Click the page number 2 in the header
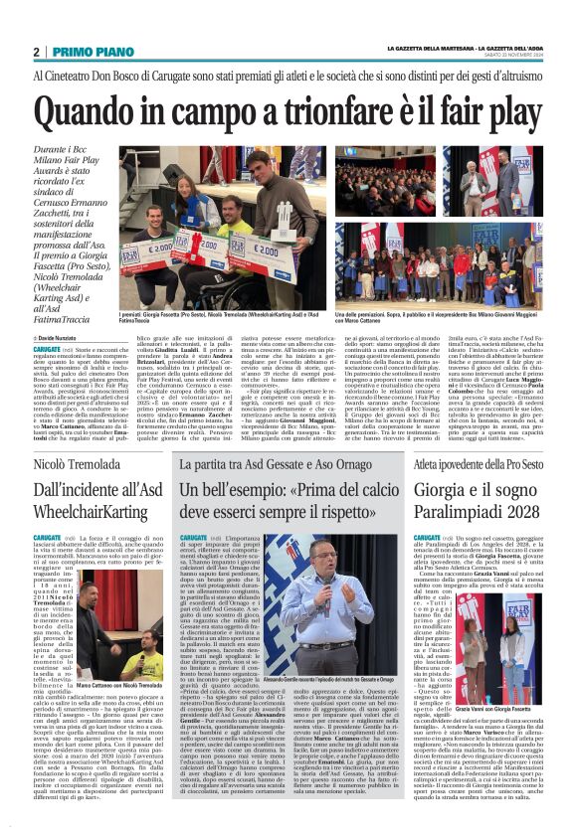[x=37, y=52]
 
